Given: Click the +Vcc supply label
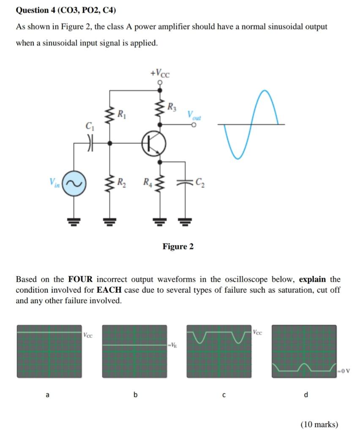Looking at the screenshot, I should pyautogui.click(x=160, y=73).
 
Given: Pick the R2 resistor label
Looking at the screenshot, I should pyautogui.click(x=121, y=183).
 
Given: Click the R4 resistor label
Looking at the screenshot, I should pyautogui.click(x=146, y=183).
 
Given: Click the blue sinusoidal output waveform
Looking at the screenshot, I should pyautogui.click(x=252, y=124).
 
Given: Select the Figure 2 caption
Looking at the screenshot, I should pyautogui.click(x=178, y=247).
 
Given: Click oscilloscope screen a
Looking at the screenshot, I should pyautogui.click(x=49, y=351).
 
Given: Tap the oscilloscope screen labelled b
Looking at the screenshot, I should pyautogui.click(x=135, y=351).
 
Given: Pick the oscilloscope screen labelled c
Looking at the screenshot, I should pyautogui.click(x=219, y=351).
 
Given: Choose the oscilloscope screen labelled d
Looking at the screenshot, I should pyautogui.click(x=304, y=351).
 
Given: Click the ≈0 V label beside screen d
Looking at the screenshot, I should pyautogui.click(x=344, y=371).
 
